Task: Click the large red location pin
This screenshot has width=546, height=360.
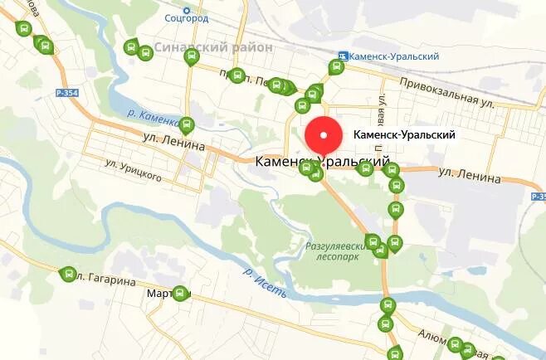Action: pyautogui.click(x=324, y=137)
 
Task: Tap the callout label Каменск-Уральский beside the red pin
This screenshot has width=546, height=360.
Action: pyautogui.click(x=403, y=134)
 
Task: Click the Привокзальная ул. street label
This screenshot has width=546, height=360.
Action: pyautogui.click(x=446, y=90)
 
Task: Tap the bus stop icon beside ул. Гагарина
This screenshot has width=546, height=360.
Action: pyautogui.click(x=68, y=274)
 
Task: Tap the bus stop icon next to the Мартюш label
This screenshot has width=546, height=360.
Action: pyautogui.click(x=180, y=293)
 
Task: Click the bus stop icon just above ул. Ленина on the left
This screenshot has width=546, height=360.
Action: pyautogui.click(x=187, y=126)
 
